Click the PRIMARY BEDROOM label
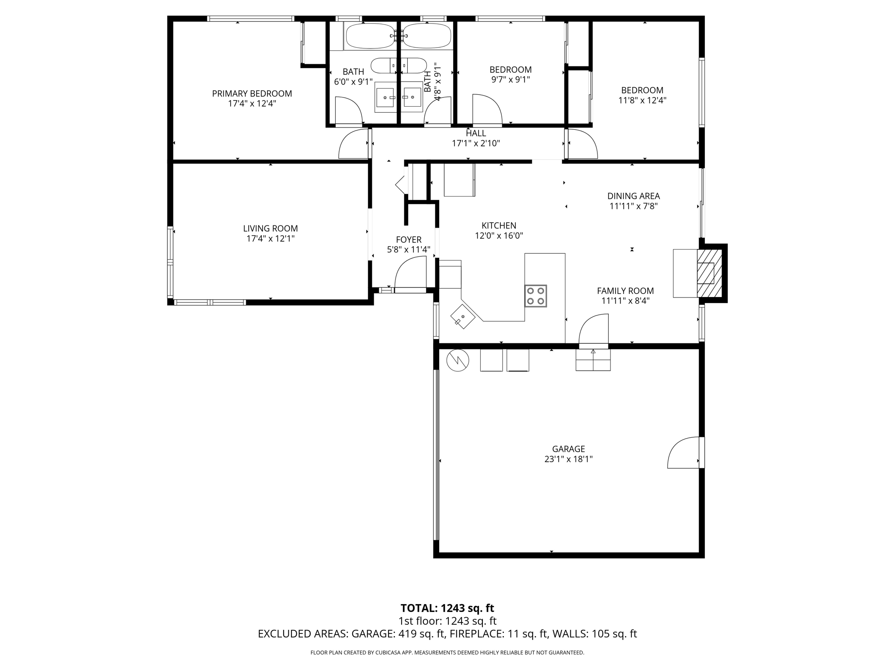coord(252,93)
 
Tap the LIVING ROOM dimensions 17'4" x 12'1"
coord(270,239)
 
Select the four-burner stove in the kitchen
coord(535,296)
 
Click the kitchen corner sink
coord(463,316)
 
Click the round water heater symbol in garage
coord(458,360)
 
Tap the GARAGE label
coord(568,449)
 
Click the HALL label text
coord(475,133)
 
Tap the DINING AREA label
coord(633,196)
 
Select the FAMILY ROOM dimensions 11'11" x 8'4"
coord(625,301)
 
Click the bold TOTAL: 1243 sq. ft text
coord(447,608)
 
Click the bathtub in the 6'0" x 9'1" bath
coord(371,36)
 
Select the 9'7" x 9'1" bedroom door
coord(487,109)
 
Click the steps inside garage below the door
coord(593,360)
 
